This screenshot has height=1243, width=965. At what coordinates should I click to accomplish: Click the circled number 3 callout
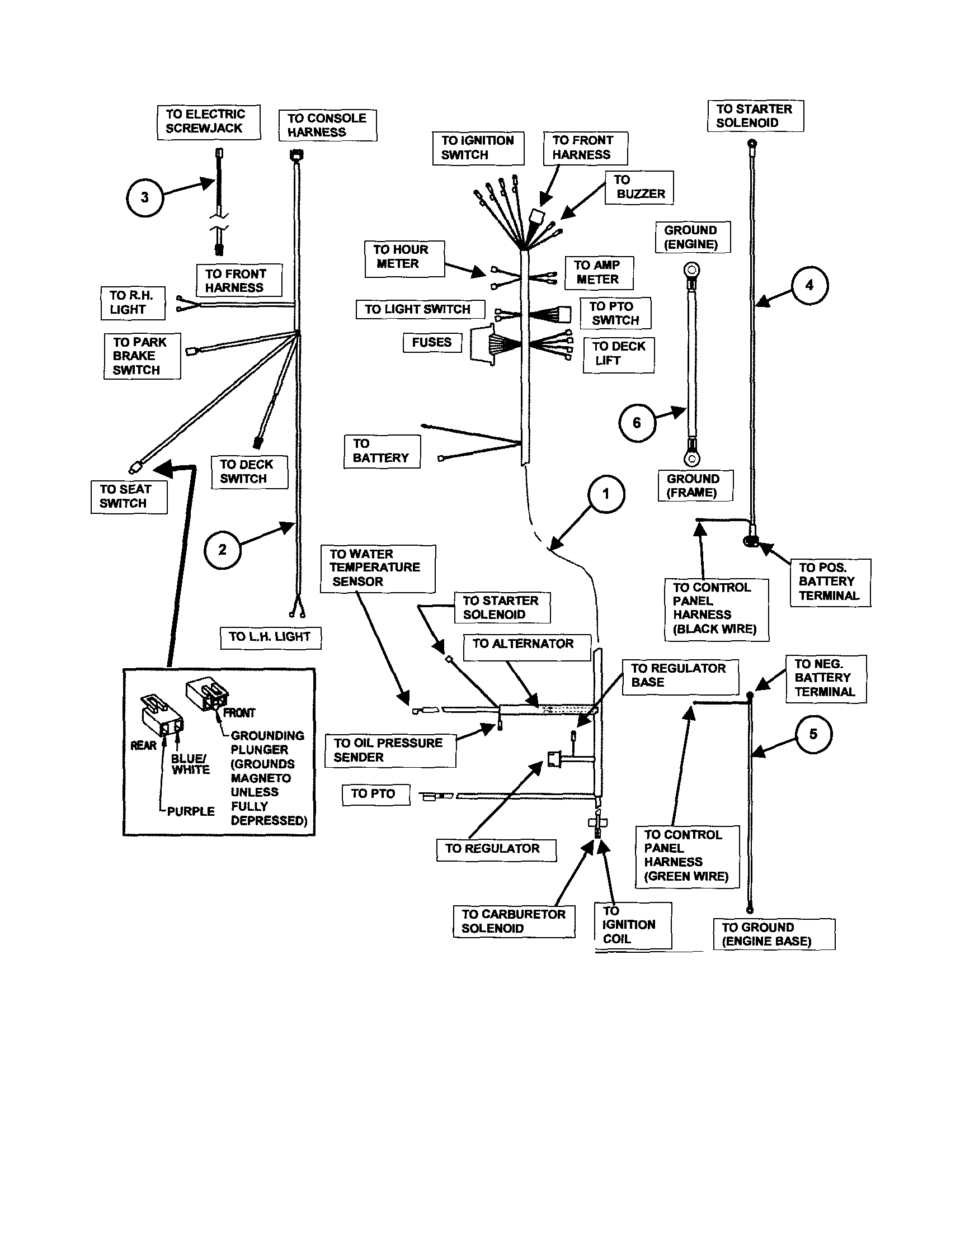[x=144, y=197]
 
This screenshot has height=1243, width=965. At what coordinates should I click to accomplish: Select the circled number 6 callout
[x=637, y=423]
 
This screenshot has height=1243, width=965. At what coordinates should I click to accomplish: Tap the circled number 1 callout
[x=606, y=494]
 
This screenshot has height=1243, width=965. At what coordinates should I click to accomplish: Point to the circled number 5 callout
[x=813, y=734]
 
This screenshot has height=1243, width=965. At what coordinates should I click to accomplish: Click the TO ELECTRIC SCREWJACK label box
[x=208, y=122]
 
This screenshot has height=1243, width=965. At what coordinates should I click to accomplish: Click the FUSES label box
[x=431, y=343]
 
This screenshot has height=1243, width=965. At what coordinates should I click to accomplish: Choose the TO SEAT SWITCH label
[x=128, y=497]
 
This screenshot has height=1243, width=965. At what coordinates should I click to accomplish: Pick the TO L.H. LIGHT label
[x=270, y=637]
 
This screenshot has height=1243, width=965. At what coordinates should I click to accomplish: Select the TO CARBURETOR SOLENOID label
[x=514, y=921]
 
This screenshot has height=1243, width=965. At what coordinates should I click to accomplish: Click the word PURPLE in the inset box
[x=191, y=811]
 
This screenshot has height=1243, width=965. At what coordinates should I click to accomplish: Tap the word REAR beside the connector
[x=143, y=745]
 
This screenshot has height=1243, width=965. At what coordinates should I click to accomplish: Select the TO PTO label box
[x=375, y=794]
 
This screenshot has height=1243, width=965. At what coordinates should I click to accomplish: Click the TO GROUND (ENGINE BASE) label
[x=774, y=934]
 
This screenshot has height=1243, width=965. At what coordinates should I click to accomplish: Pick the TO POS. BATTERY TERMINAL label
[x=830, y=582]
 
